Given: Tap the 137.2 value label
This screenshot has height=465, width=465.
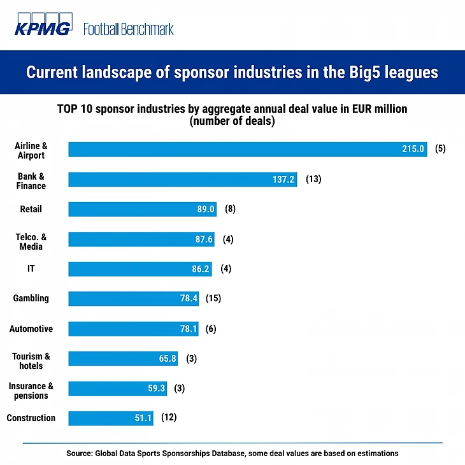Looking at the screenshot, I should tap(283, 180).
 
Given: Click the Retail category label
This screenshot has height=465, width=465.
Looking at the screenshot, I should tap(31, 209).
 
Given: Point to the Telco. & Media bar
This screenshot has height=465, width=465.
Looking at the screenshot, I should tap(141, 240).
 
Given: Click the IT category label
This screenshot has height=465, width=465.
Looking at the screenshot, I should tap(31, 269).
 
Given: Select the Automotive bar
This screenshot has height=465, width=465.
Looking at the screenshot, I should tap(133, 329).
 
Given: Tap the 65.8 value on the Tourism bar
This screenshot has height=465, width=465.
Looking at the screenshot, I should tap(165, 359).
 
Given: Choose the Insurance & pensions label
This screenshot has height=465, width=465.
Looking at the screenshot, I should tap(31, 390).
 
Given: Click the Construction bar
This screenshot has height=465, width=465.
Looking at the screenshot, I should tap(111, 418).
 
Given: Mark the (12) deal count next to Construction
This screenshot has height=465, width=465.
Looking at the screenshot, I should tap(168, 418).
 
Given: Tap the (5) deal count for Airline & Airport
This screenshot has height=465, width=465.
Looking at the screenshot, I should tap(440, 149).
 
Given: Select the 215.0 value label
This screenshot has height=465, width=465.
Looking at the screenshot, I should tap(413, 149).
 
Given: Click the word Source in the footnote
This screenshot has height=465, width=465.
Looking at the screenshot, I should tap(79, 454).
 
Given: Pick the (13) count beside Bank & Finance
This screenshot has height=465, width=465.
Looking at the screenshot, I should tap(313, 180).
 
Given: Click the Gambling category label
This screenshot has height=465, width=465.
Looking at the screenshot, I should tap(31, 298).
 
